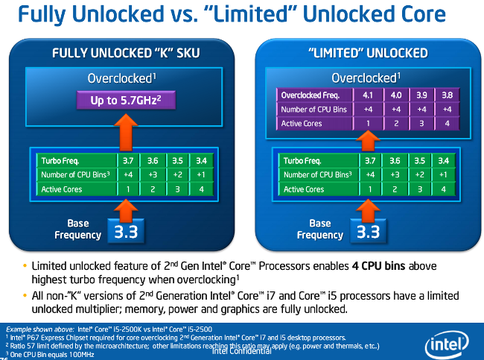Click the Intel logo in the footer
pyautogui.click(x=447, y=344)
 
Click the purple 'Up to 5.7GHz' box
pyautogui.click(x=127, y=101)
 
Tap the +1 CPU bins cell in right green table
pyautogui.click(x=443, y=174)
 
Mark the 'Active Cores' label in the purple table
pyautogui.click(x=302, y=123)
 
